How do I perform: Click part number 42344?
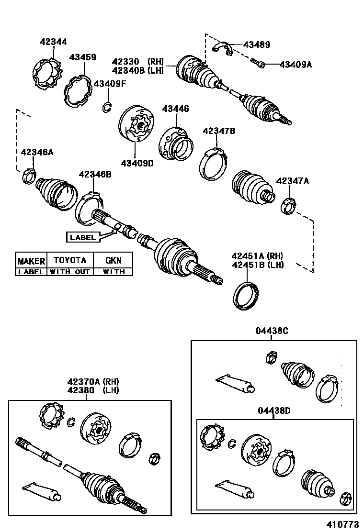[53, 42]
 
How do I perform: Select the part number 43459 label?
[82, 57]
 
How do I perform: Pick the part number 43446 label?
[175, 109]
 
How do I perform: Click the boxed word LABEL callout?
[83, 237]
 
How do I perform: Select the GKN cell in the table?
[113, 260]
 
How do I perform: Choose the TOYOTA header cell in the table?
[70, 260]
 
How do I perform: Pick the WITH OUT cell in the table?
[70, 271]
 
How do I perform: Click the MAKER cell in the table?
[31, 261]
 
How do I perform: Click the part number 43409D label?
[137, 163]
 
